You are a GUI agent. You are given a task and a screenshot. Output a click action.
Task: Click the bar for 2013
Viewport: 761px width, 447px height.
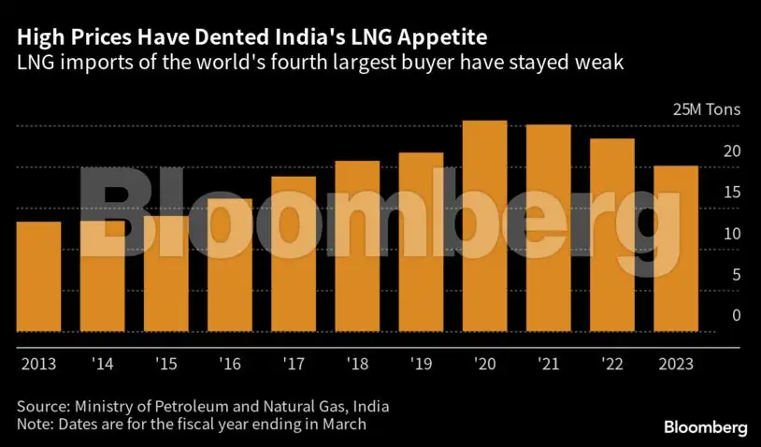(x=38, y=277)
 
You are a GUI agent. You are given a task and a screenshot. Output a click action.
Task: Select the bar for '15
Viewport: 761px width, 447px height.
(x=166, y=274)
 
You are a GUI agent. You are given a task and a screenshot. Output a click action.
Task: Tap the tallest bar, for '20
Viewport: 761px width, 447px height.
(x=484, y=226)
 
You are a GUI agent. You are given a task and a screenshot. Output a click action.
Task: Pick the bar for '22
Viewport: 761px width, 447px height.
(x=612, y=236)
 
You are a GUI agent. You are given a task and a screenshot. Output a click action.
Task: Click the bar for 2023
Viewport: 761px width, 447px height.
(x=675, y=249)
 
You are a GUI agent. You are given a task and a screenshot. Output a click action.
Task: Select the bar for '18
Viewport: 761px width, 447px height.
(x=357, y=247)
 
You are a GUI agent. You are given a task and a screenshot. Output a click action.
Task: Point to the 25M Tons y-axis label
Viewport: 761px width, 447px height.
(x=706, y=109)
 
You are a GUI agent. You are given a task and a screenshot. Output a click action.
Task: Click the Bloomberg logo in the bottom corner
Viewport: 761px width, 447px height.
(x=706, y=427)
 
